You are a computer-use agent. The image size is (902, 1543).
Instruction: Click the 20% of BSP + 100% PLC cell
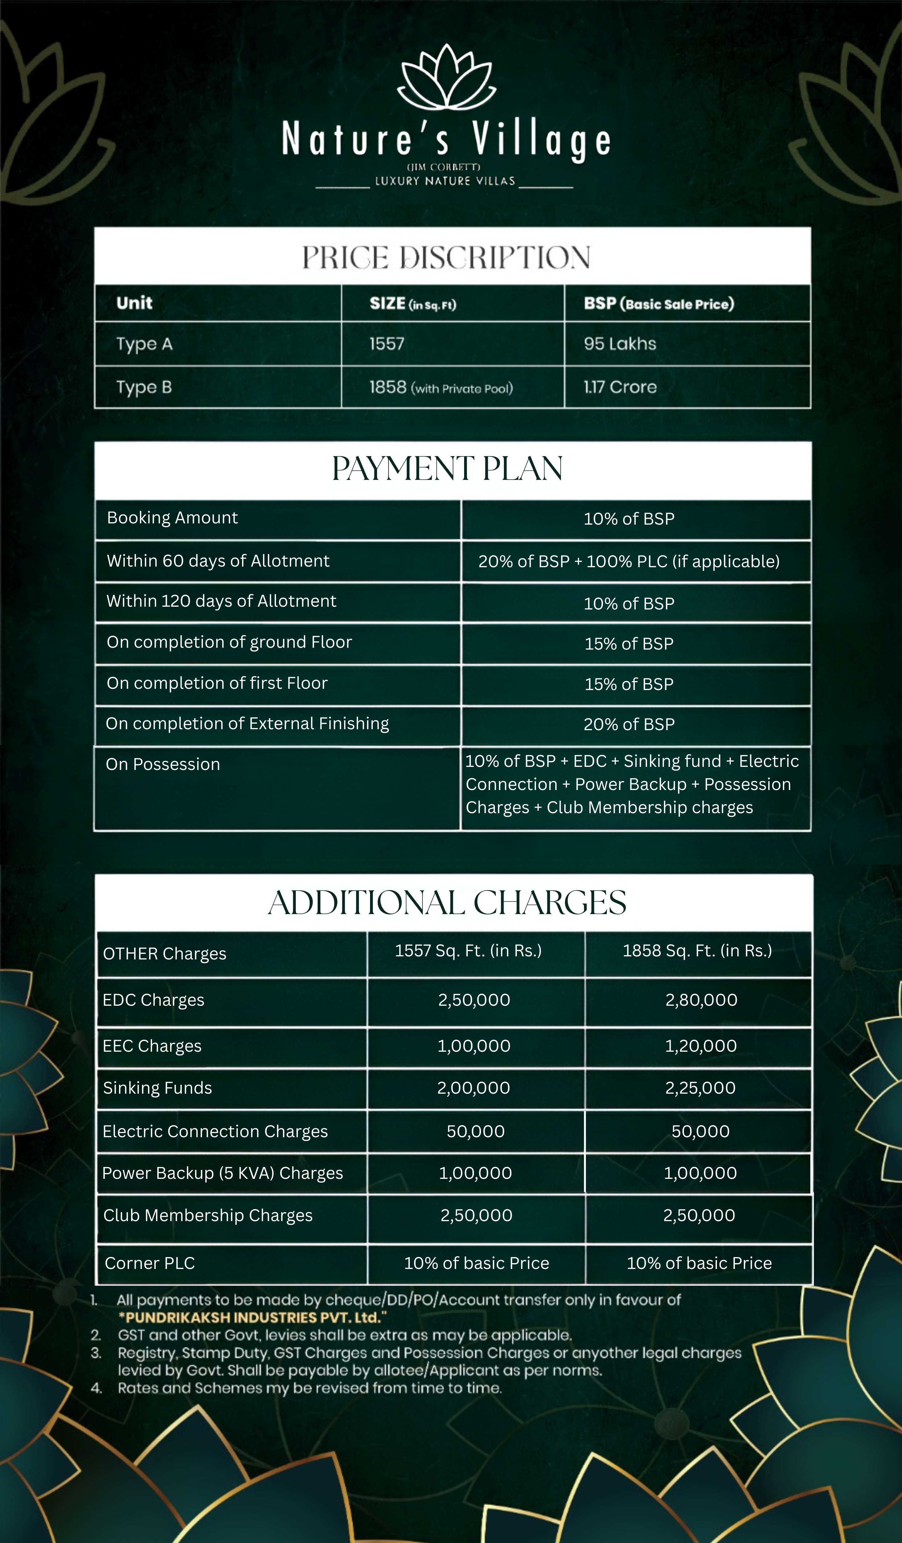tap(628, 561)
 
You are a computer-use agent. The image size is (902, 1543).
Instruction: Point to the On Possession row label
tap(163, 764)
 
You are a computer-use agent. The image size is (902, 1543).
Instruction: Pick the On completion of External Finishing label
tap(247, 724)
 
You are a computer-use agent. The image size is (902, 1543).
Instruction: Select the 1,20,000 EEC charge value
tap(701, 1046)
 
